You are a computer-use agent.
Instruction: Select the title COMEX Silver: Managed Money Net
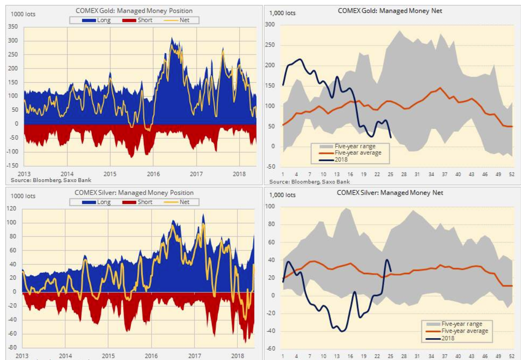pyautogui.click(x=390, y=192)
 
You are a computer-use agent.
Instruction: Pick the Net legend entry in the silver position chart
pyautogui.click(x=184, y=202)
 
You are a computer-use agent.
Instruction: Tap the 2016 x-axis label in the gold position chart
pyautogui.click(x=153, y=174)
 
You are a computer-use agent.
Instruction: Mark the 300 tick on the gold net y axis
pyautogui.click(x=269, y=25)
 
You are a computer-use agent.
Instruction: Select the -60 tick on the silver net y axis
pyautogui.click(x=271, y=349)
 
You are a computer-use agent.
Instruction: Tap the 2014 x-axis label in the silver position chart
pyautogui.click(x=65, y=356)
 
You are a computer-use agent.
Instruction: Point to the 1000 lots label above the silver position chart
pyautogui.click(x=23, y=196)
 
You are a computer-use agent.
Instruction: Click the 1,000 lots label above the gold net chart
pyautogui.click(x=282, y=13)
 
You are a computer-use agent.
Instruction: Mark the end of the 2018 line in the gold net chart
pyautogui.click(x=391, y=137)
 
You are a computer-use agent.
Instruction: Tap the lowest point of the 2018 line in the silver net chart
pyautogui.click(x=342, y=331)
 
